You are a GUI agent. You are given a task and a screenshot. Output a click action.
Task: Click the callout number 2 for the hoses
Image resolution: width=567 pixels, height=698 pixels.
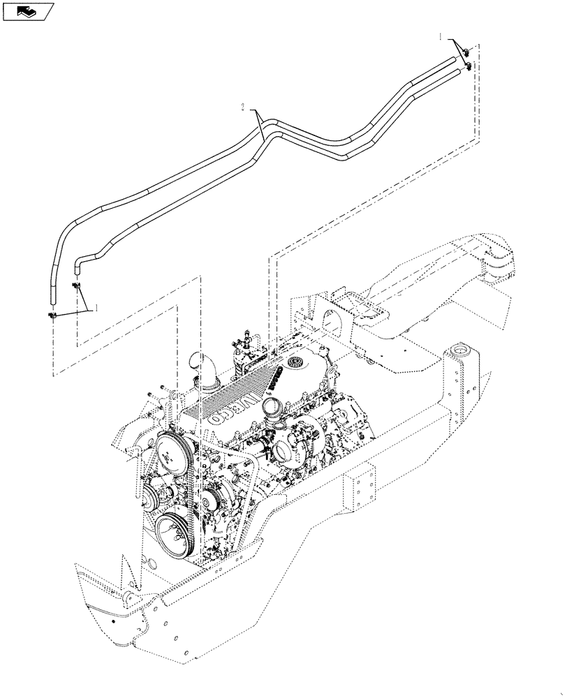242,107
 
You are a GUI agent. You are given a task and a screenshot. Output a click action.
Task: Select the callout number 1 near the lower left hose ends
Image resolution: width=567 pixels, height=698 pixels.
96,306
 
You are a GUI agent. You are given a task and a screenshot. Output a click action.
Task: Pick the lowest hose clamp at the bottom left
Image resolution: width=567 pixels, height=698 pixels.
52,316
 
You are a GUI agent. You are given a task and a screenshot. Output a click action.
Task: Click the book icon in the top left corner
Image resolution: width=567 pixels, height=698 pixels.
27,10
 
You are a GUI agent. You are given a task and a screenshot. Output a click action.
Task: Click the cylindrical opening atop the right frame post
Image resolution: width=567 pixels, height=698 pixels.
460,349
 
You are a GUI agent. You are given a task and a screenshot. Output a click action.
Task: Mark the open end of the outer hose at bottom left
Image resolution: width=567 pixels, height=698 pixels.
52,300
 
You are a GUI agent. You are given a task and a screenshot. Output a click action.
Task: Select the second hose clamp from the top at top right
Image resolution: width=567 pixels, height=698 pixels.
466,66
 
